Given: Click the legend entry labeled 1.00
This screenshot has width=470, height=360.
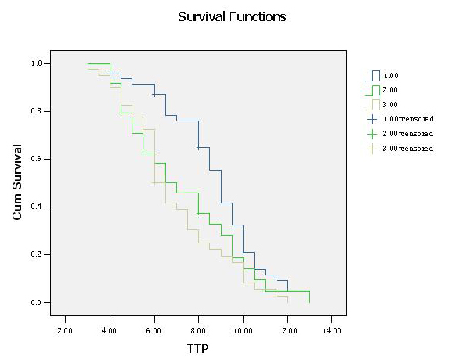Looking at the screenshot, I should (x=392, y=75).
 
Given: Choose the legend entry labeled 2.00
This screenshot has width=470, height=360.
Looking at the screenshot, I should (x=392, y=90).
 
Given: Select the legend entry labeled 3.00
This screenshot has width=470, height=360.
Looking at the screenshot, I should (x=392, y=104).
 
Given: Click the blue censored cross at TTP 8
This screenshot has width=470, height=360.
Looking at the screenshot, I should (x=199, y=147).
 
